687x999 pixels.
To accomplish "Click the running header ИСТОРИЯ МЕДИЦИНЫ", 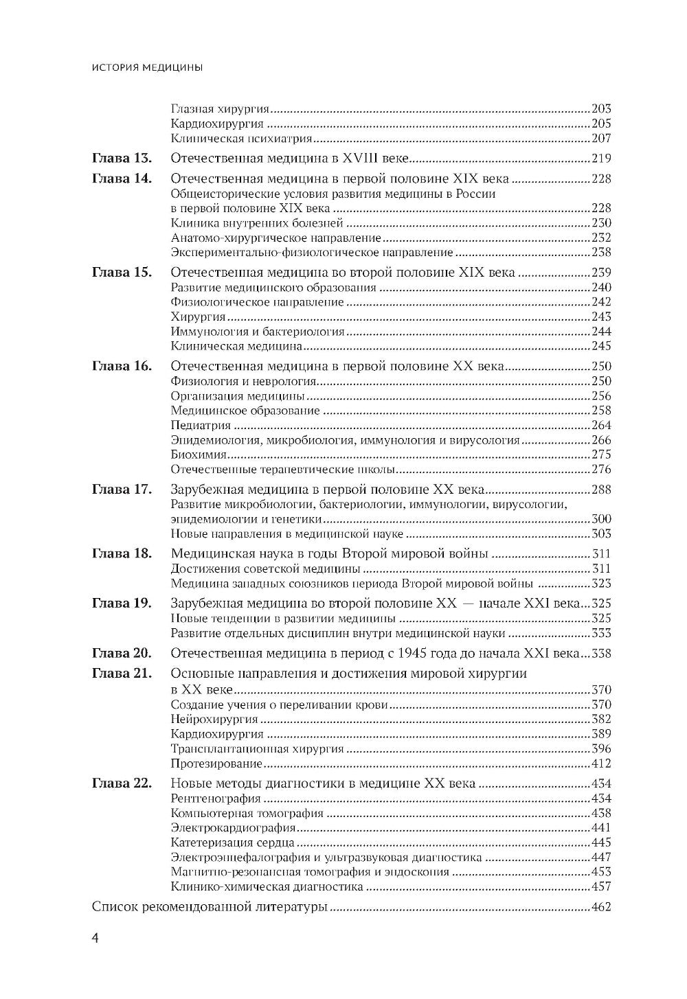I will tap(146, 67).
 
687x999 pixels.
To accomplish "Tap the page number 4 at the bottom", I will tap(95, 940).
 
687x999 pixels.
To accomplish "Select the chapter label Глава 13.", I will tap(121, 159).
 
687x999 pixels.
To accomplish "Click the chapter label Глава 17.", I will tap(121, 490).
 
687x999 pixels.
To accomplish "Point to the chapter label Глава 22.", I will tap(121, 784).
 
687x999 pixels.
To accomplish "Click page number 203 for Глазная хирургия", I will tap(601, 108).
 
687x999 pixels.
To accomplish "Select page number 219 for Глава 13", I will tap(601, 159).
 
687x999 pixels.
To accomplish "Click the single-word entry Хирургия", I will tap(198, 317).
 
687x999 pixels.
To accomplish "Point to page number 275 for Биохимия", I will tap(601, 455).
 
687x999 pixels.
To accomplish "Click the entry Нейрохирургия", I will tap(214, 719).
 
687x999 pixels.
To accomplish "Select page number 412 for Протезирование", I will tap(601, 763).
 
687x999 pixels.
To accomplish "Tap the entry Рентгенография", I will tap(215, 799).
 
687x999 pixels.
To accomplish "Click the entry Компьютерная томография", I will tap(247, 814).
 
